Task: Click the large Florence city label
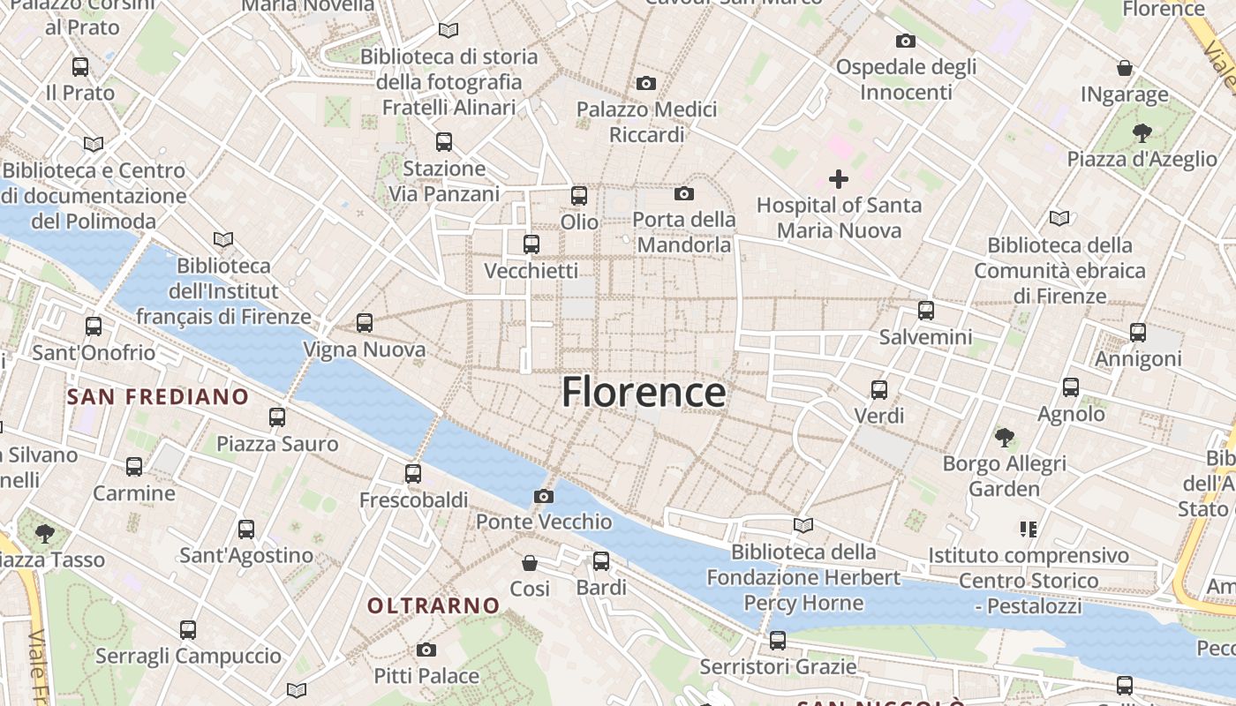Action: (x=644, y=392)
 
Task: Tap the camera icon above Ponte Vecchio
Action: (x=544, y=497)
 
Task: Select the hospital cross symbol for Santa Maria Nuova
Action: (x=839, y=180)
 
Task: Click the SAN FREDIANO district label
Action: (x=158, y=397)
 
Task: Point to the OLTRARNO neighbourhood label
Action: (x=433, y=605)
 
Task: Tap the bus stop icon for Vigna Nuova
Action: (x=365, y=323)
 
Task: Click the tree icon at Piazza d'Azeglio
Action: (x=1142, y=133)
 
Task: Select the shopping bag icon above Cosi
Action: (x=530, y=563)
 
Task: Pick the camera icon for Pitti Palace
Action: (x=426, y=650)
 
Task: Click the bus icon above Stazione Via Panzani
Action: (x=444, y=141)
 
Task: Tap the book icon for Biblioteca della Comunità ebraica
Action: (x=1059, y=218)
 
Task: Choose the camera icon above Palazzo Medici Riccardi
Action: (x=646, y=84)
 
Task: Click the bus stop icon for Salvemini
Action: (x=925, y=311)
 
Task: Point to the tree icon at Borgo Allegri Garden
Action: (x=1004, y=437)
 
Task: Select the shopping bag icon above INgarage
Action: (x=1125, y=68)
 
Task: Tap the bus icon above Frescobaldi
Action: (x=412, y=474)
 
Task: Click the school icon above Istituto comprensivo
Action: (x=1028, y=529)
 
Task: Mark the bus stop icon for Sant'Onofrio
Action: (x=94, y=327)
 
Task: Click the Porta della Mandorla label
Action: (x=684, y=231)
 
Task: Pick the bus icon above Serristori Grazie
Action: (x=778, y=641)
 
